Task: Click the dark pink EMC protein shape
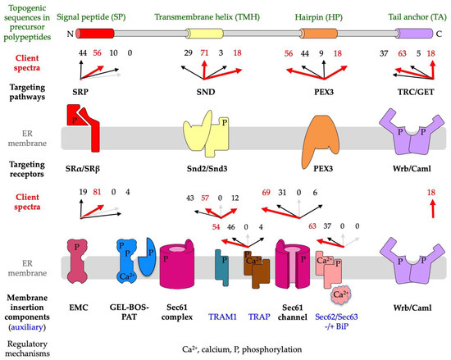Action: click(84, 260)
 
